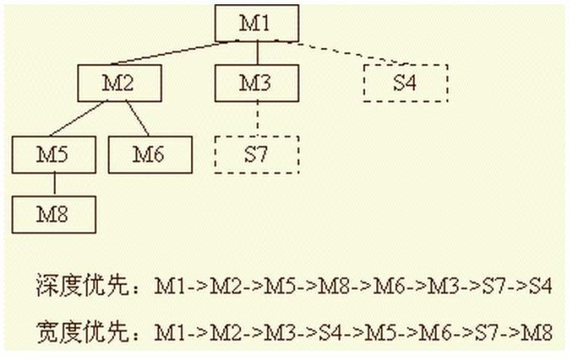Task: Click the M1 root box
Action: tap(255, 23)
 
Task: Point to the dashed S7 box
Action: tap(255, 153)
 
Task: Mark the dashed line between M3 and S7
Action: tap(255, 117)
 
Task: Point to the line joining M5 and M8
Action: tap(54, 183)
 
